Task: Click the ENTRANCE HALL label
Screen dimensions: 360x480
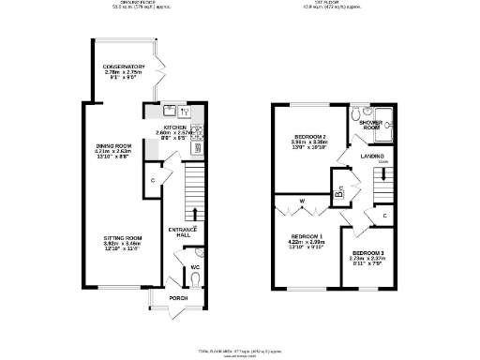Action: pos(180,232)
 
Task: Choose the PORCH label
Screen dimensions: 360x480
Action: pos(178,298)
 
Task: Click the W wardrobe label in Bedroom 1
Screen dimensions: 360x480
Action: pos(302,201)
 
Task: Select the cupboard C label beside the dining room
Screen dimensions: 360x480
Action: pos(153,179)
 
